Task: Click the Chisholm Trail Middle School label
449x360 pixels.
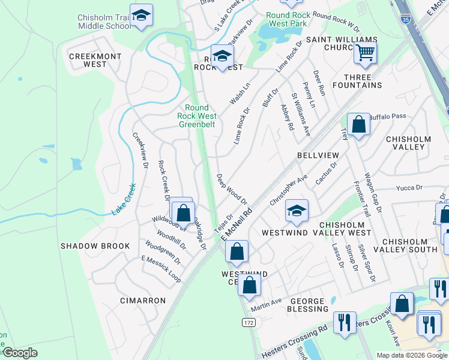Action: coord(103,22)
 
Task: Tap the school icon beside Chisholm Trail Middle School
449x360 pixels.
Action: coord(141,16)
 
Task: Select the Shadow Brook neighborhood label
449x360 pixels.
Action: coord(95,246)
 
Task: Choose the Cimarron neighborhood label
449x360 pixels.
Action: coord(142,300)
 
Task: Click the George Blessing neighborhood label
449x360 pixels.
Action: coord(309,305)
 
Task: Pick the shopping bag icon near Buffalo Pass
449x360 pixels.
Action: coord(358,125)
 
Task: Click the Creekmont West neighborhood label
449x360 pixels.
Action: coord(95,60)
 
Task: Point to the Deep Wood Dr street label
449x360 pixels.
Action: coord(232,189)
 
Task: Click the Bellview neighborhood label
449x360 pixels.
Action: coord(318,155)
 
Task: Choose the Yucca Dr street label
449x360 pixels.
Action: coord(409,188)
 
